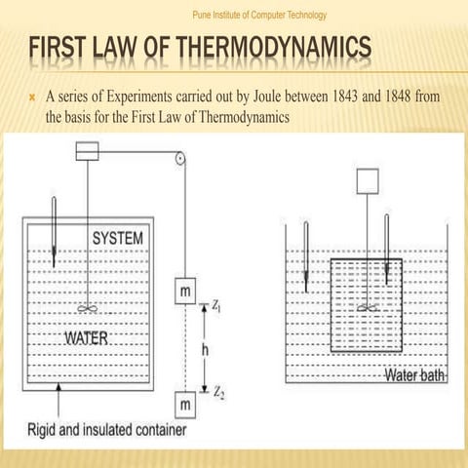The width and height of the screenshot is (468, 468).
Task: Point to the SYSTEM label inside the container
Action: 117,238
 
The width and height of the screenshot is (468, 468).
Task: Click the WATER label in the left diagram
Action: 86,339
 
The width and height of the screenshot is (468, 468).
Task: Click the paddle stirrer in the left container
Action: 88,309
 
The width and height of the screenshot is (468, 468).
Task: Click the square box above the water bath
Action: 367,181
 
